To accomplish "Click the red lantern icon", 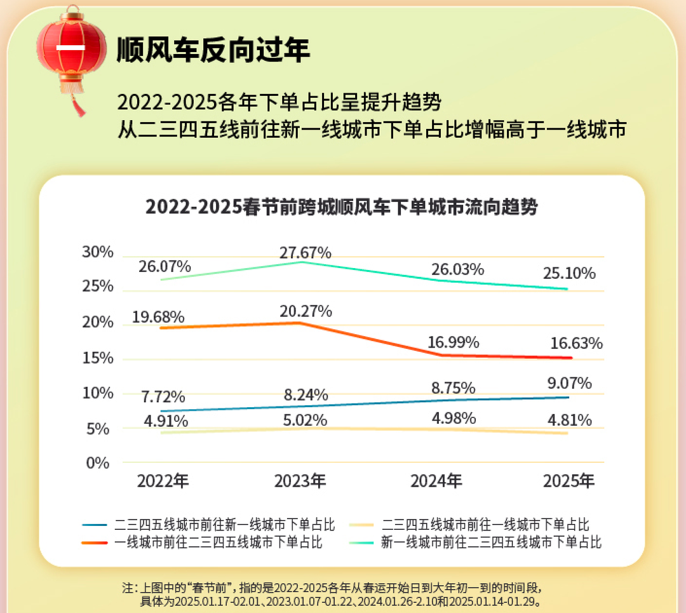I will pos(71,48).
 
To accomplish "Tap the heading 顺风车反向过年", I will pos(213,50).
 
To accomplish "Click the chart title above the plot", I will pos(342,207).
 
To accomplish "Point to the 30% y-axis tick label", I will pos(98,252).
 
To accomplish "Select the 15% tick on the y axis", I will pos(98,358).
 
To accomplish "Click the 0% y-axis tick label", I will pos(98,462).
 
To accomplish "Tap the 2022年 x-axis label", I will pos(163,481).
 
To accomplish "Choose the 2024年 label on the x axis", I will pos(436,481).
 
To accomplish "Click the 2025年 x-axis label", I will pos(569,481).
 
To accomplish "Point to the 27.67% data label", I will pos(306,253).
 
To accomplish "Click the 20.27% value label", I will pos(306,312).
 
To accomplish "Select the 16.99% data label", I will pos(453,343).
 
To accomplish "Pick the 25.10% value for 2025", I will pos(569,274).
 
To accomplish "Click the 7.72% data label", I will pos(163,398).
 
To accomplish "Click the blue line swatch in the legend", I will pos(95,525).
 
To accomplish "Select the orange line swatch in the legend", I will pos(95,542).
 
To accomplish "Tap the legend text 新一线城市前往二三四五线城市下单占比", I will pos(491,542).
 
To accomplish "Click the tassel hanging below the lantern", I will pos(77,105).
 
